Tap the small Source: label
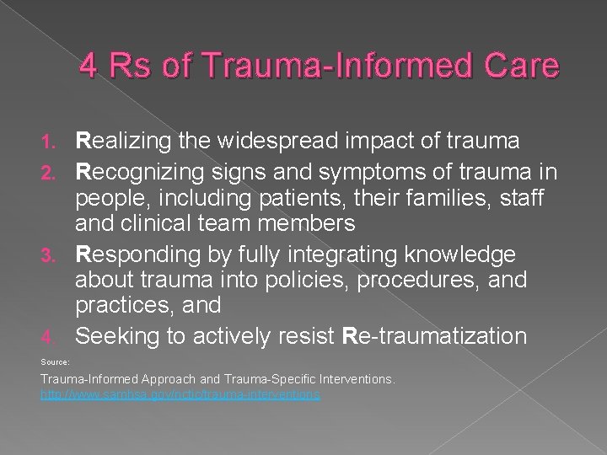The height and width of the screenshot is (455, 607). coord(56,361)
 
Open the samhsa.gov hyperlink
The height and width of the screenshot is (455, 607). coord(180,394)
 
